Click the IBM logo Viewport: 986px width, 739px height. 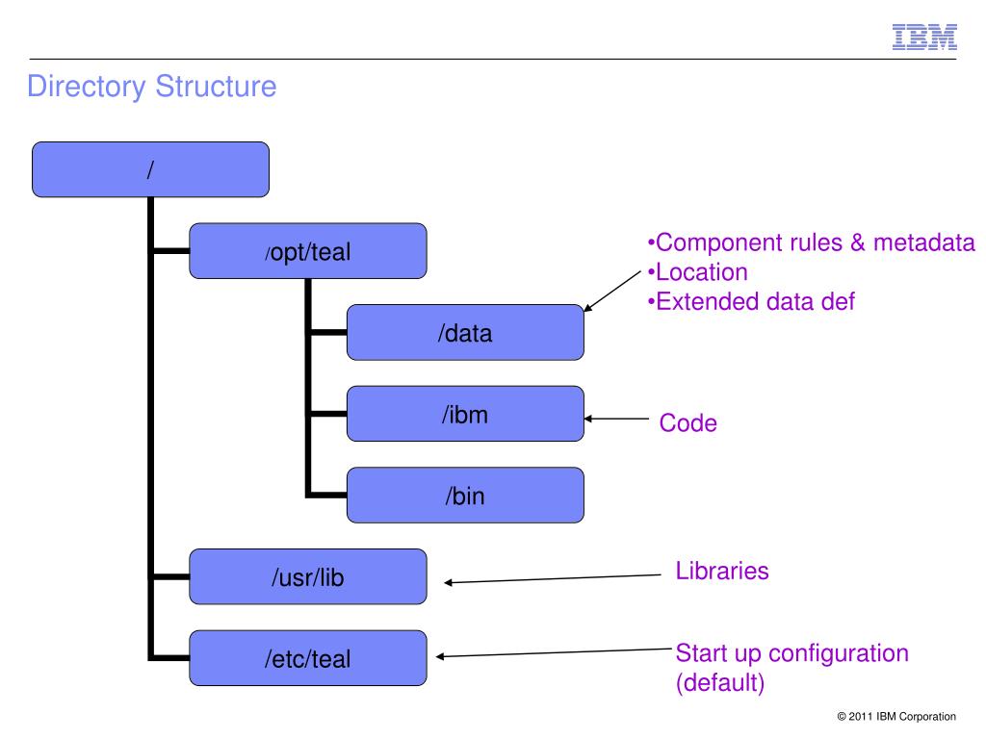[924, 38]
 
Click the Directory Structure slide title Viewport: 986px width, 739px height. [151, 86]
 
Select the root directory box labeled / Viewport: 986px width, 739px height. [150, 169]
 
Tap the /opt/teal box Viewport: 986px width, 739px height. [308, 251]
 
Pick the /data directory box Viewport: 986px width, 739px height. [465, 332]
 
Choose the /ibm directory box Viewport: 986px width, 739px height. [465, 414]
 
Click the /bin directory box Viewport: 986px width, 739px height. [465, 496]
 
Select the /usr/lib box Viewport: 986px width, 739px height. [308, 577]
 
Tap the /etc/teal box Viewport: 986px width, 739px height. [308, 658]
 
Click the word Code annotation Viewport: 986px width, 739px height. [688, 423]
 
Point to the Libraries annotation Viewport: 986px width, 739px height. [722, 571]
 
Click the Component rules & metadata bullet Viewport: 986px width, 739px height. [811, 242]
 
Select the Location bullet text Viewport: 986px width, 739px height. [698, 272]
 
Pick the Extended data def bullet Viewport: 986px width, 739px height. [751, 301]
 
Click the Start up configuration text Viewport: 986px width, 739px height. [792, 653]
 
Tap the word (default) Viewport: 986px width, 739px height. [720, 682]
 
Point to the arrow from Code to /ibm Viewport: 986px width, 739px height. [616, 419]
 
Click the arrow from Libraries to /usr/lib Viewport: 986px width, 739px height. [553, 578]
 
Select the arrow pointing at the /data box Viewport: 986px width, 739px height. [612, 291]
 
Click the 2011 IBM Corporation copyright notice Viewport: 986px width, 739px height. [896, 716]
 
